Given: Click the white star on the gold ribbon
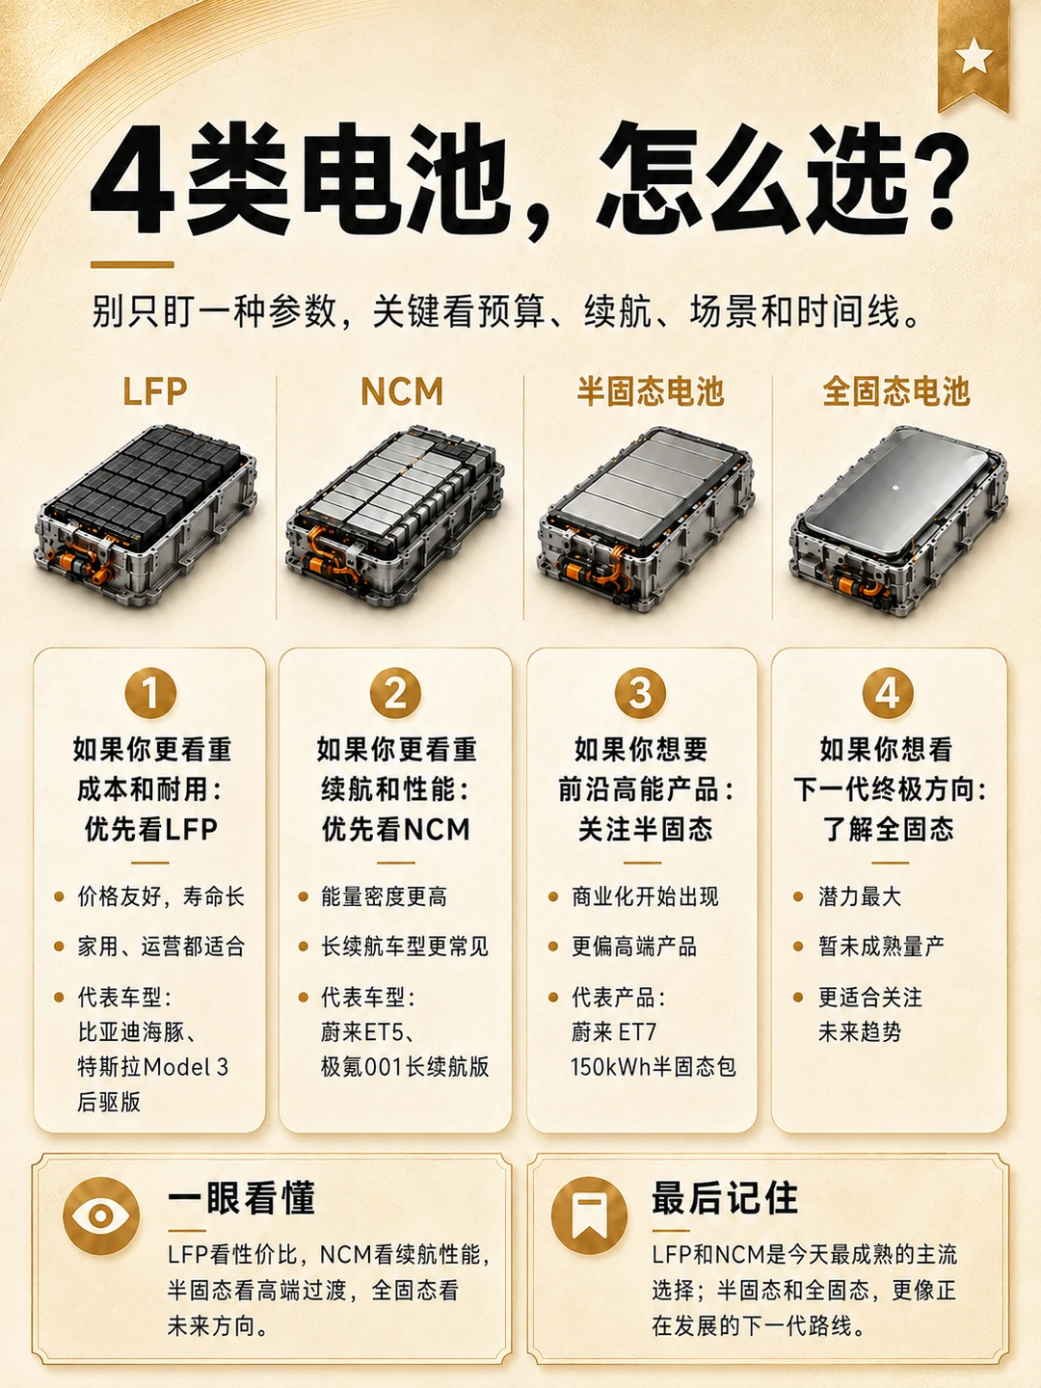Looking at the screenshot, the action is click(x=973, y=56).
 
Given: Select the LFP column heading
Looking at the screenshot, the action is click(x=155, y=391).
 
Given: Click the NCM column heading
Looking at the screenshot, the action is click(x=402, y=391).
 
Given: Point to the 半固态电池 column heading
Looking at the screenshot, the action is click(x=650, y=391).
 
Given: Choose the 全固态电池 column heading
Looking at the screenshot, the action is click(x=895, y=391).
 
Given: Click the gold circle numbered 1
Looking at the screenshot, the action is click(x=150, y=693).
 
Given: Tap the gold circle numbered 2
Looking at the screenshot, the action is click(x=395, y=693).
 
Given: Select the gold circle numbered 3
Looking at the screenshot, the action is click(x=640, y=693).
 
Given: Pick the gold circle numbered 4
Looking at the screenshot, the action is click(x=888, y=693).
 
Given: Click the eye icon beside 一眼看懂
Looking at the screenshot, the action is click(x=101, y=1215).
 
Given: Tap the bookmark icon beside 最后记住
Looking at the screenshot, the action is click(x=589, y=1215).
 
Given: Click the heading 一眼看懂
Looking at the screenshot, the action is click(x=241, y=1197).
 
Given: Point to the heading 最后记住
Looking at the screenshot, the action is click(x=725, y=1197).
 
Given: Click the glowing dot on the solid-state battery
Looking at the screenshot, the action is click(x=894, y=488).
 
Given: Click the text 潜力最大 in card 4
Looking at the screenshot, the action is click(x=860, y=896).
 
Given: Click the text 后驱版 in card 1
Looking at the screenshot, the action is click(x=109, y=1102).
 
